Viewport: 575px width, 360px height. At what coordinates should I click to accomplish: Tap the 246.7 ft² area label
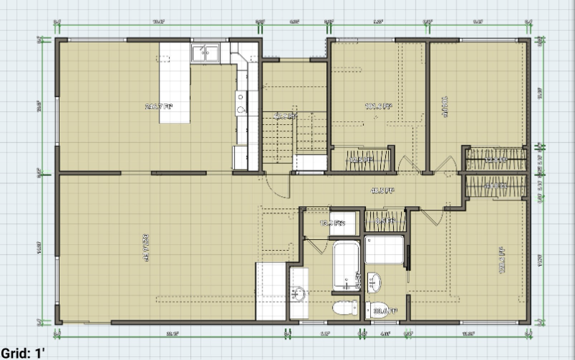[x=159, y=107]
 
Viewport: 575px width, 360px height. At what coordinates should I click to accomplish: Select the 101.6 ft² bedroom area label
[x=378, y=107]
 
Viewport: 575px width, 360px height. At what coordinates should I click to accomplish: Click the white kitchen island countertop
[x=174, y=83]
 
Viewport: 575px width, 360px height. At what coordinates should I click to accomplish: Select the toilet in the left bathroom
[x=345, y=308]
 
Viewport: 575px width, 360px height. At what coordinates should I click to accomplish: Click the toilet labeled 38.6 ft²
[x=379, y=310]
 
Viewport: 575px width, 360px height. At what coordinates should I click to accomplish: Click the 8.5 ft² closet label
[x=385, y=221]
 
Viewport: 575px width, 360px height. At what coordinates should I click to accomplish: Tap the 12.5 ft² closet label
[x=359, y=160]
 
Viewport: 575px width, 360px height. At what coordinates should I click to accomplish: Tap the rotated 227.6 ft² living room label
[x=147, y=247]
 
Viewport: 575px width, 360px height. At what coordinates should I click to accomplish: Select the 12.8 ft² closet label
[x=494, y=160]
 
